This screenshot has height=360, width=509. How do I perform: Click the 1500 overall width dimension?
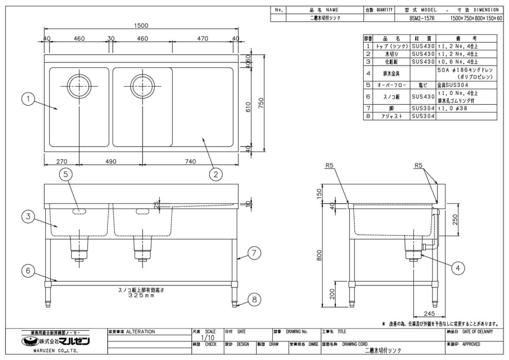[x=141, y=25]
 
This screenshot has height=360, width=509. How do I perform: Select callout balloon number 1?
[x=28, y=99]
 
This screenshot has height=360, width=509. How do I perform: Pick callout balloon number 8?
[x=254, y=300]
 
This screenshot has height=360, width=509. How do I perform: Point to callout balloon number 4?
[x=458, y=268]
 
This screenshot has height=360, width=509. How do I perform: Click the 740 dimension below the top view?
[x=190, y=161]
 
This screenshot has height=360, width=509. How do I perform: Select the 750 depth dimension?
[x=261, y=103]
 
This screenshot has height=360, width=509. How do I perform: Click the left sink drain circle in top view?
[x=79, y=86]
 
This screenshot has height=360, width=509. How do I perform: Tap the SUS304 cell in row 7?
[x=423, y=108]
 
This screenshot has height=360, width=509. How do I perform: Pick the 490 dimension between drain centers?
[x=110, y=161]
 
